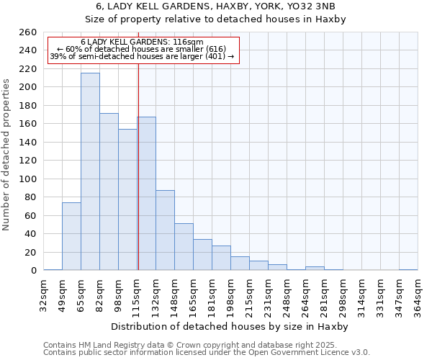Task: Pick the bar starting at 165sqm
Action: point(202,255)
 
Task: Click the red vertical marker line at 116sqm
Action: point(138,166)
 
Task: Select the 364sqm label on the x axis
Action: point(418,293)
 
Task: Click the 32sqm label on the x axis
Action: point(43,293)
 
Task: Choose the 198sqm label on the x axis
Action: point(230,293)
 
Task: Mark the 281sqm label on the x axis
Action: point(324,293)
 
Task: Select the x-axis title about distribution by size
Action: point(230,326)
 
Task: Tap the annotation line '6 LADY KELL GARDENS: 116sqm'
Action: point(142,42)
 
